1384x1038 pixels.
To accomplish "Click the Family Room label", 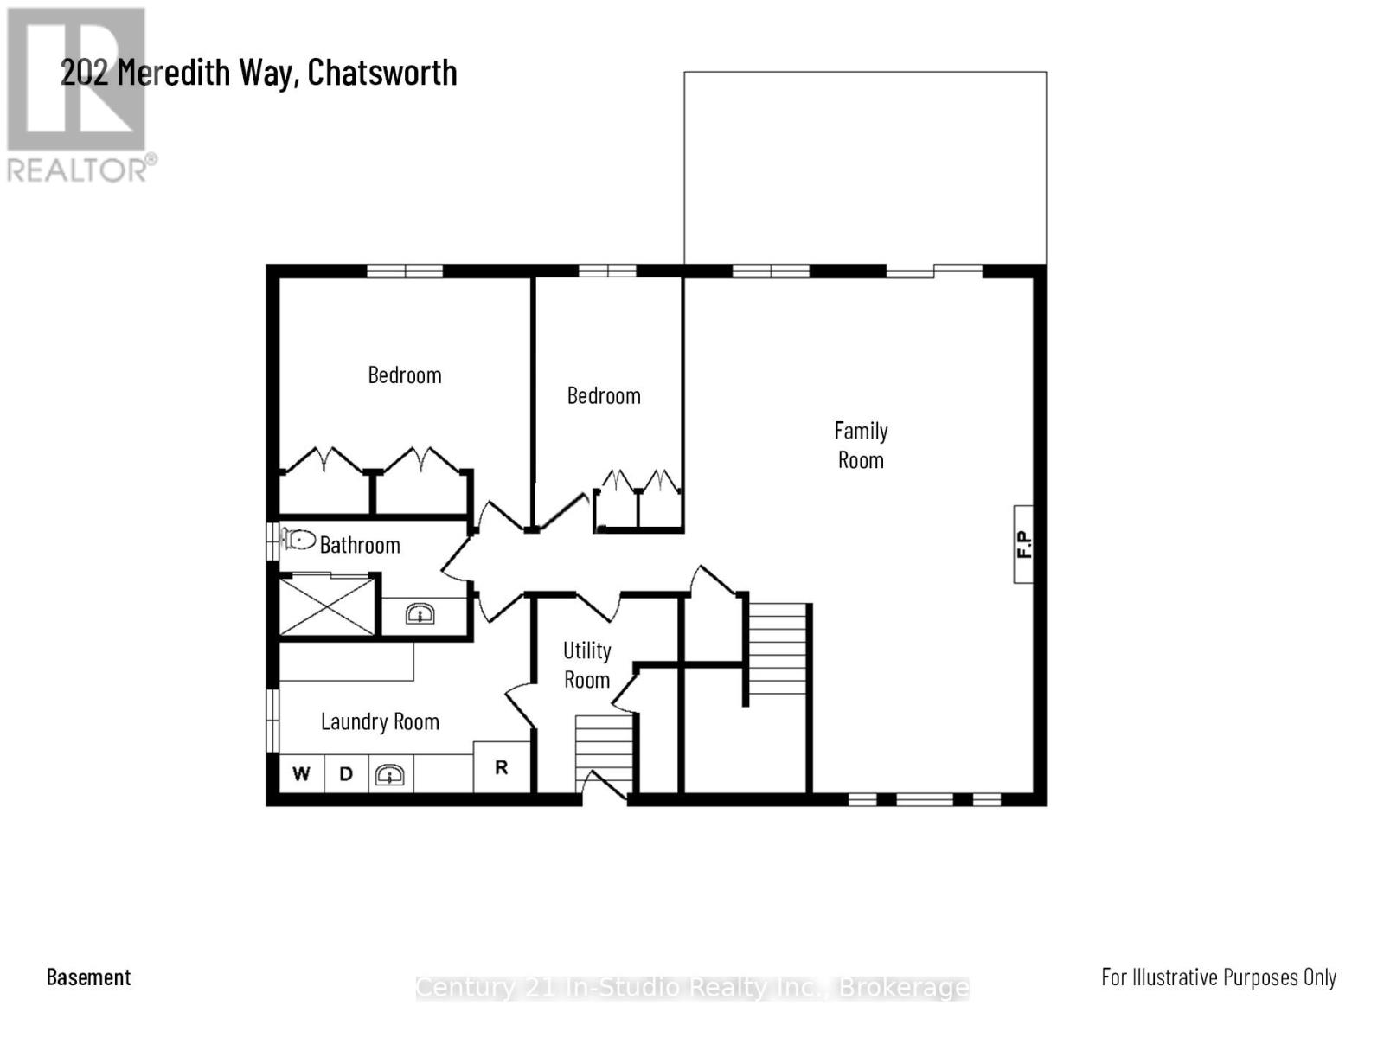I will [861, 445].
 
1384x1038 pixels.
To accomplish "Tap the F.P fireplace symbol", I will [1023, 544].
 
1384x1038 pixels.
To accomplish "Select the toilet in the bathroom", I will [298, 540].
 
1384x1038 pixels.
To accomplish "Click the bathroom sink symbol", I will [420, 615].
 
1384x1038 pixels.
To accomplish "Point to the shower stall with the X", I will [327, 605].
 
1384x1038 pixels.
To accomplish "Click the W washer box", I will [301, 773].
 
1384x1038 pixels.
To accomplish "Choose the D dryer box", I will [346, 773].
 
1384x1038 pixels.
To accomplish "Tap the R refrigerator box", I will [502, 767].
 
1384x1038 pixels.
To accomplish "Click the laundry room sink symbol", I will [390, 774].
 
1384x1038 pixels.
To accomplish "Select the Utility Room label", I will [587, 664].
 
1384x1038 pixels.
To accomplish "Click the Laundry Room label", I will [380, 721].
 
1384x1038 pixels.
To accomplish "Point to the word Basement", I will [88, 977].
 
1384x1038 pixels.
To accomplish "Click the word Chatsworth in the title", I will [382, 72].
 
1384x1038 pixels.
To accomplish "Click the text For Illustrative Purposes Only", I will [1219, 977].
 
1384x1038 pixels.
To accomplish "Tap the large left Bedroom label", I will [405, 375].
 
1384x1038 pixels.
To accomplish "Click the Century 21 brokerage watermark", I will [692, 988].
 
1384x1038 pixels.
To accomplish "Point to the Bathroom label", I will [360, 545].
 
